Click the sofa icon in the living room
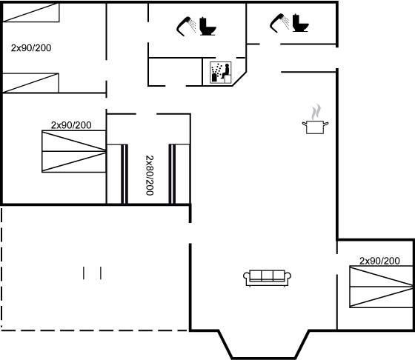click(267, 278)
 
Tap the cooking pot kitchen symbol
click(315, 127)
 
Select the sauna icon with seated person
click(221, 73)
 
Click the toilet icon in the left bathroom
click(207, 26)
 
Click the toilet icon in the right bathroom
click(300, 23)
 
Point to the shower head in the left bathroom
click(186, 26)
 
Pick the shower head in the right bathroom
click(279, 23)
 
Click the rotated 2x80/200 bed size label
click(150, 175)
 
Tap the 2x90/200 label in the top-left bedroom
click(31, 48)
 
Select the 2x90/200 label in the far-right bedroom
click(379, 261)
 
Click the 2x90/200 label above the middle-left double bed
click(71, 125)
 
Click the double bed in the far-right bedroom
click(381, 287)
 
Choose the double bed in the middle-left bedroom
click(74, 151)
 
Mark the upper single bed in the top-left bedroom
click(31, 13)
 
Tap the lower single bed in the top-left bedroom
click(30, 83)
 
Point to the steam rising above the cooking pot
click(316, 112)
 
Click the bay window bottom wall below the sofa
click(264, 358)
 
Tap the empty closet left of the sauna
click(175, 72)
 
